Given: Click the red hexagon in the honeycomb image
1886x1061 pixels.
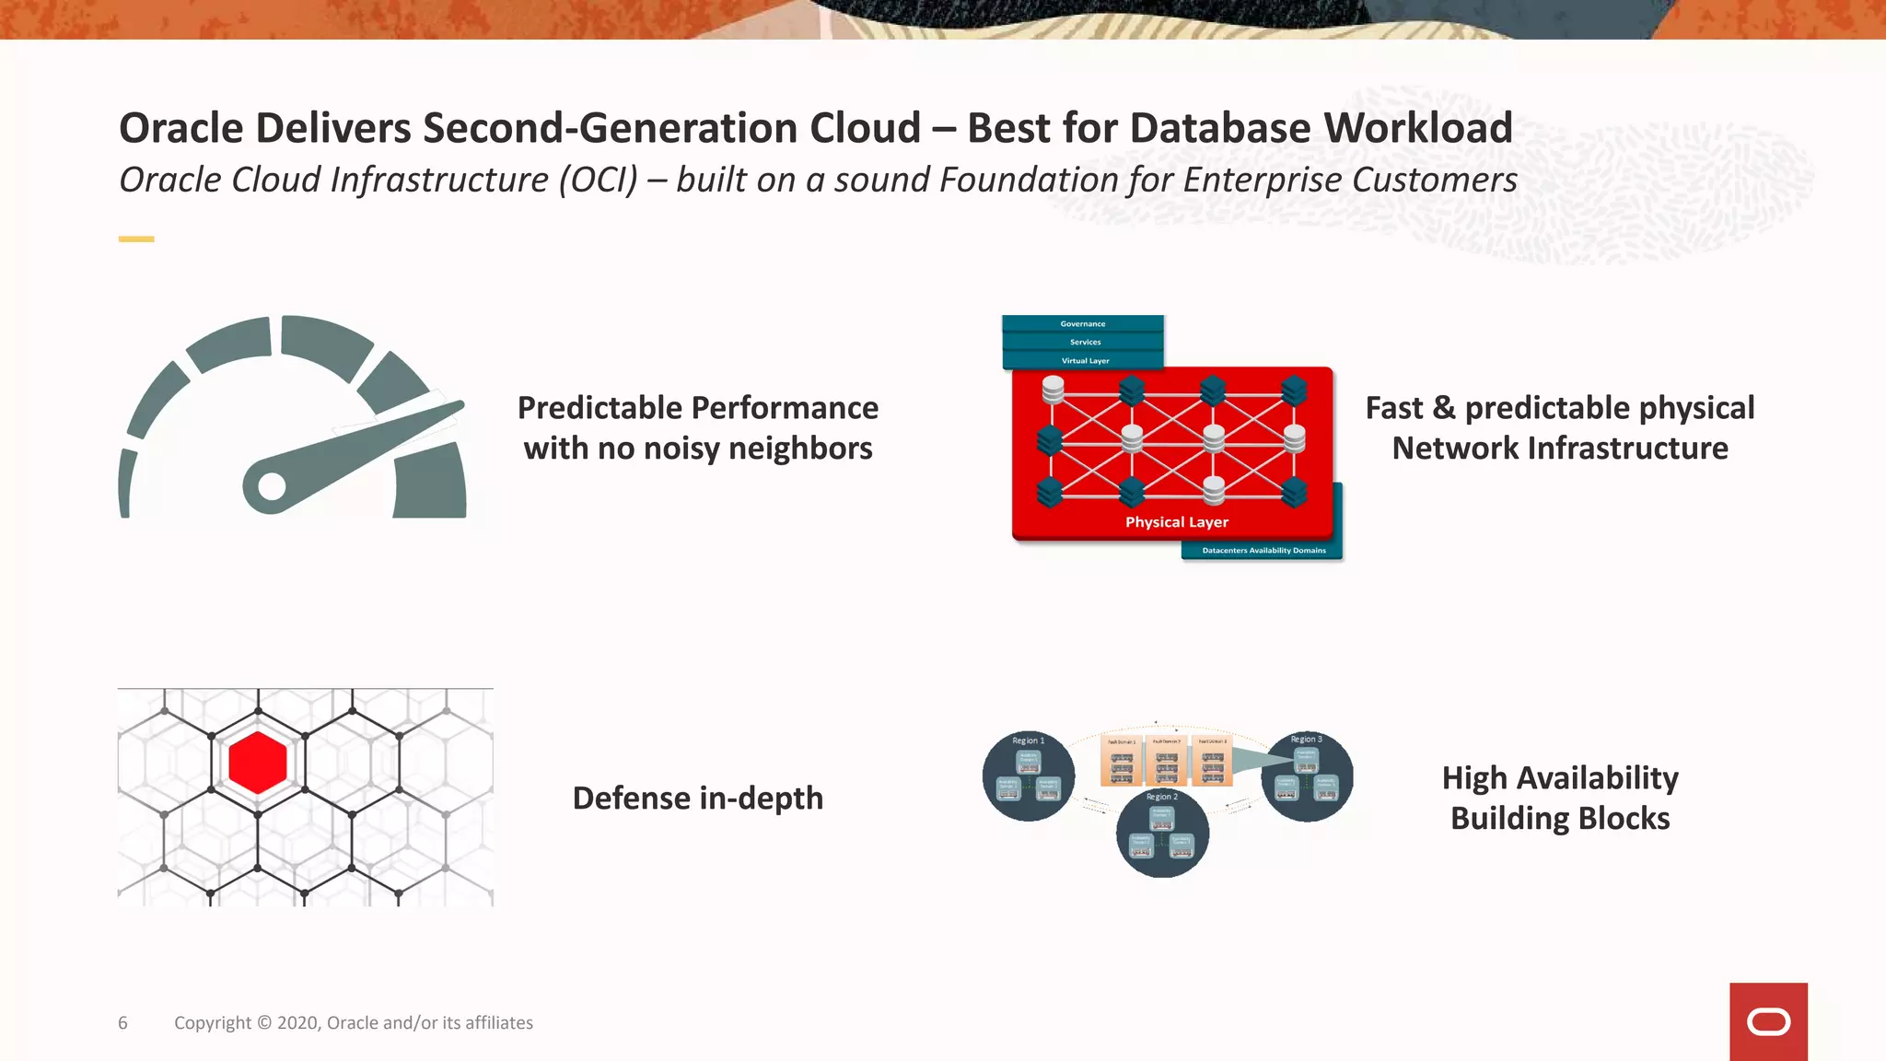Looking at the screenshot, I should click(258, 763).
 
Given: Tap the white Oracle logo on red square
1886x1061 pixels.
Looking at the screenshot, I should click(1768, 1022).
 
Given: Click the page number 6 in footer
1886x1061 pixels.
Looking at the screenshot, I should click(122, 1023).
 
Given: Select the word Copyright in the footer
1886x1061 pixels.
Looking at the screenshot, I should click(213, 1023).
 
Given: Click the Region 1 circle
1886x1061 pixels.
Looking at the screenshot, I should click(1028, 776).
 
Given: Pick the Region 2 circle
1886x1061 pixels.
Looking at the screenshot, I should click(1162, 834).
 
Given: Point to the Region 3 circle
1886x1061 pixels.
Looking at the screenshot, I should click(1307, 776).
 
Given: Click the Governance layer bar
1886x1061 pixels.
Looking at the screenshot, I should click(1082, 324).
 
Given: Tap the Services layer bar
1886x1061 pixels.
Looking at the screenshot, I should click(1084, 343).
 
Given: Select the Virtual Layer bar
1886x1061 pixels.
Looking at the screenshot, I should click(1084, 361).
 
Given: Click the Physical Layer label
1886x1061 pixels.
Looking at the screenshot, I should click(1176, 522).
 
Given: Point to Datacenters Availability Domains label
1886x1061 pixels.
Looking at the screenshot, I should click(1263, 551).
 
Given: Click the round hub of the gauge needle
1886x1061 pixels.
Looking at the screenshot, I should click(272, 486).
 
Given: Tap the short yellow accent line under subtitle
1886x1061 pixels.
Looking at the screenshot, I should click(136, 239).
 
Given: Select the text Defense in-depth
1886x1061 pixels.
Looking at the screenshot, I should click(697, 799).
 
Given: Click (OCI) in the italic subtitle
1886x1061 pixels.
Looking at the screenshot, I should click(598, 181).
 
